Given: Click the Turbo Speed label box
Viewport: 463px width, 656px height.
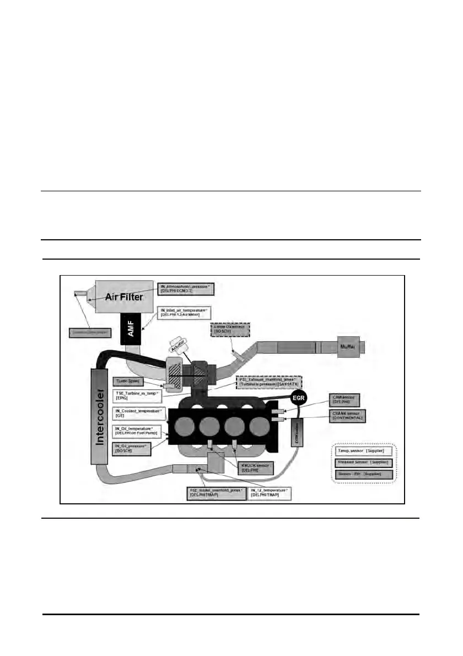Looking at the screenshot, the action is [128, 381].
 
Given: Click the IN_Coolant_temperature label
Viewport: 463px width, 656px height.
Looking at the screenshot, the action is [138, 413].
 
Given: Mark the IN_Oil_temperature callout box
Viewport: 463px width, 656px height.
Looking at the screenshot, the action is [138, 431].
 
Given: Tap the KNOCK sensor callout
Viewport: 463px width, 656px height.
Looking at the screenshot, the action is [254, 468].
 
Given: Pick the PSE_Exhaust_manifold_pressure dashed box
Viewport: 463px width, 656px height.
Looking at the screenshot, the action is [270, 383].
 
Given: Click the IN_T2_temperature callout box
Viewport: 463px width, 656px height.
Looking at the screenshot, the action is [271, 493].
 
